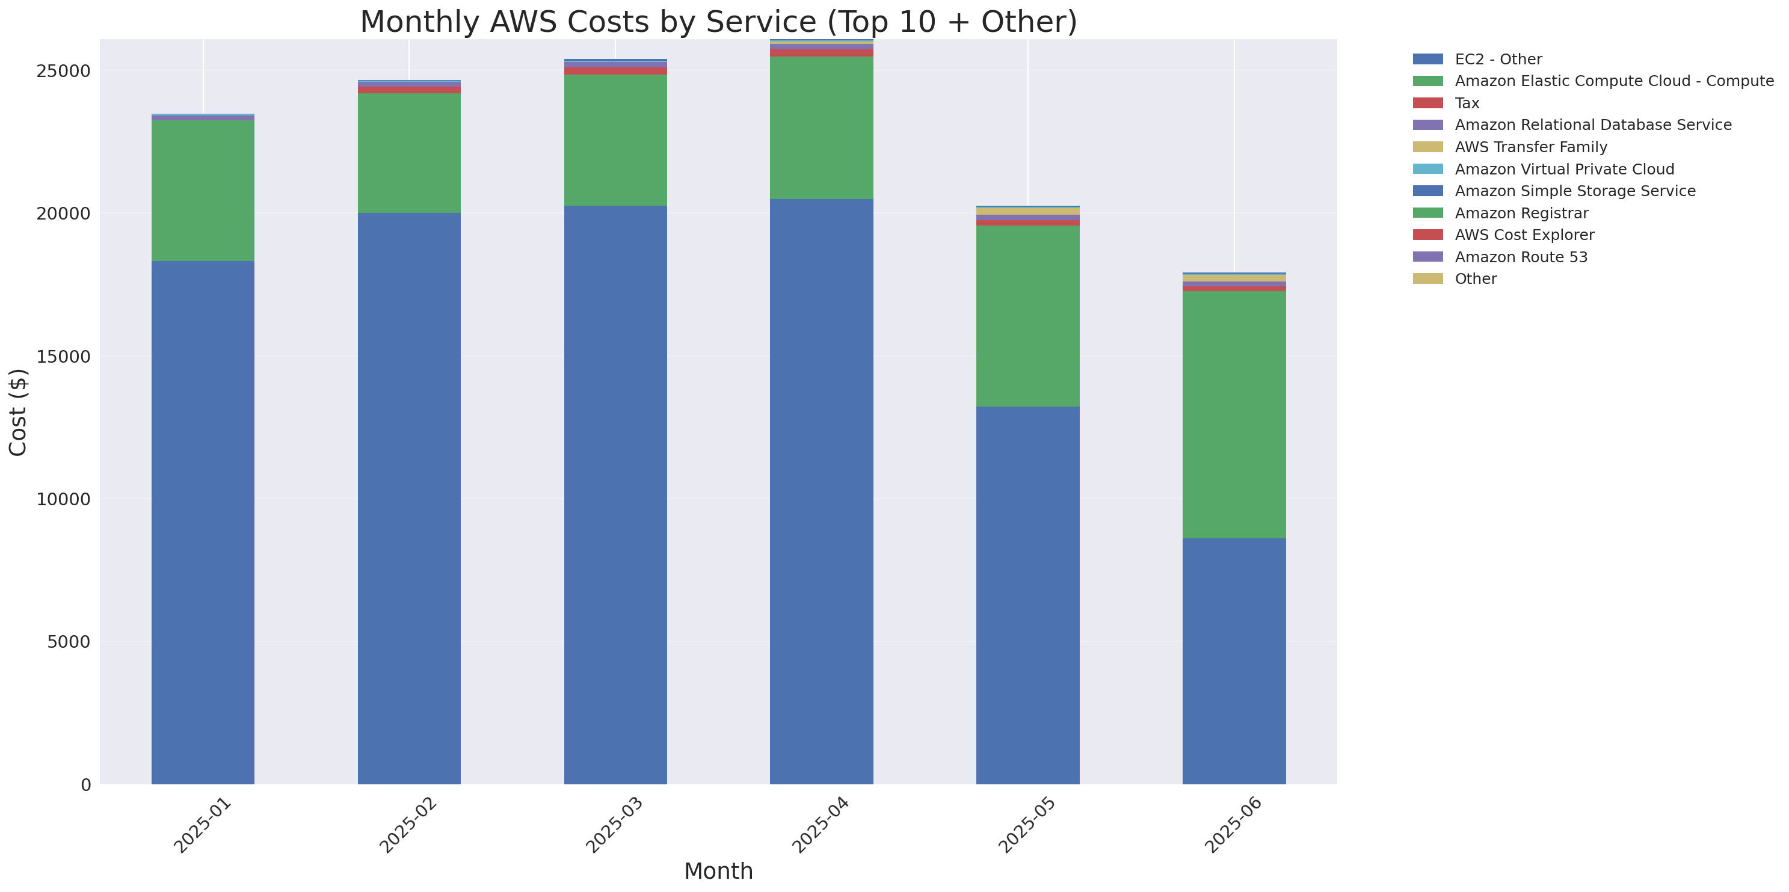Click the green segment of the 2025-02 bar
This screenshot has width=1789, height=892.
tap(409, 153)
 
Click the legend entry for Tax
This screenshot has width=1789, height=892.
tap(1467, 103)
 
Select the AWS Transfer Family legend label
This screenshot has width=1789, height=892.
tap(1531, 147)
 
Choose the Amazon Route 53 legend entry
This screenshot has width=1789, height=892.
tap(1521, 257)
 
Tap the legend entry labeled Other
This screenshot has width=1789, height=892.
tap(1475, 279)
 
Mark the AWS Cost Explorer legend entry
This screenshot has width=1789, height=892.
tap(1524, 235)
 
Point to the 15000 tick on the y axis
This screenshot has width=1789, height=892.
tap(63, 357)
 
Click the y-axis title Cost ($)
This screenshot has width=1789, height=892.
tap(18, 413)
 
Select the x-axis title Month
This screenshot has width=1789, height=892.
tap(718, 871)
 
